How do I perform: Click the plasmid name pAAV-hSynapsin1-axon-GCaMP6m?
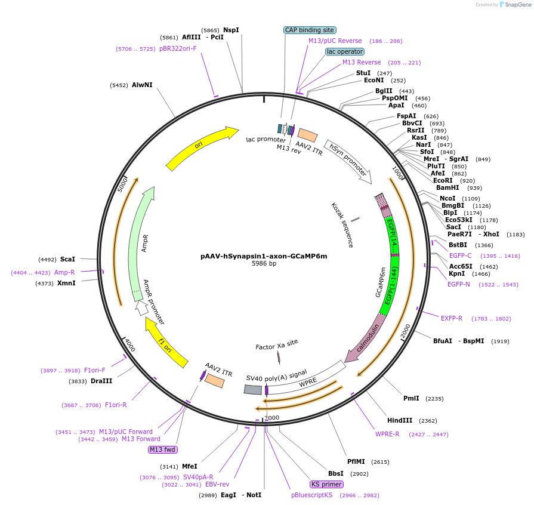coord(264,256)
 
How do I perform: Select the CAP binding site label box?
coord(310,29)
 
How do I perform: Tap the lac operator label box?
coord(345,51)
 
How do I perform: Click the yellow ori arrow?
coord(200,146)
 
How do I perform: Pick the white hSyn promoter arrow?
coord(348,161)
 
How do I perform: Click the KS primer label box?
coord(327,484)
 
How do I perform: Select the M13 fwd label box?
coord(163,449)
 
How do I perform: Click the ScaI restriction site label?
coord(68,259)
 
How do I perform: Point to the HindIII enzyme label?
coord(403,420)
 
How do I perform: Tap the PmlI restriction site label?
coord(411,398)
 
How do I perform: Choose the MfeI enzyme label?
coord(189,466)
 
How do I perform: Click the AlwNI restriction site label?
coord(142,85)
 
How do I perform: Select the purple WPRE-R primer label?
coord(387,434)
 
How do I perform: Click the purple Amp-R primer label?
coord(64,272)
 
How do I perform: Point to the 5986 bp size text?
coord(264,264)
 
